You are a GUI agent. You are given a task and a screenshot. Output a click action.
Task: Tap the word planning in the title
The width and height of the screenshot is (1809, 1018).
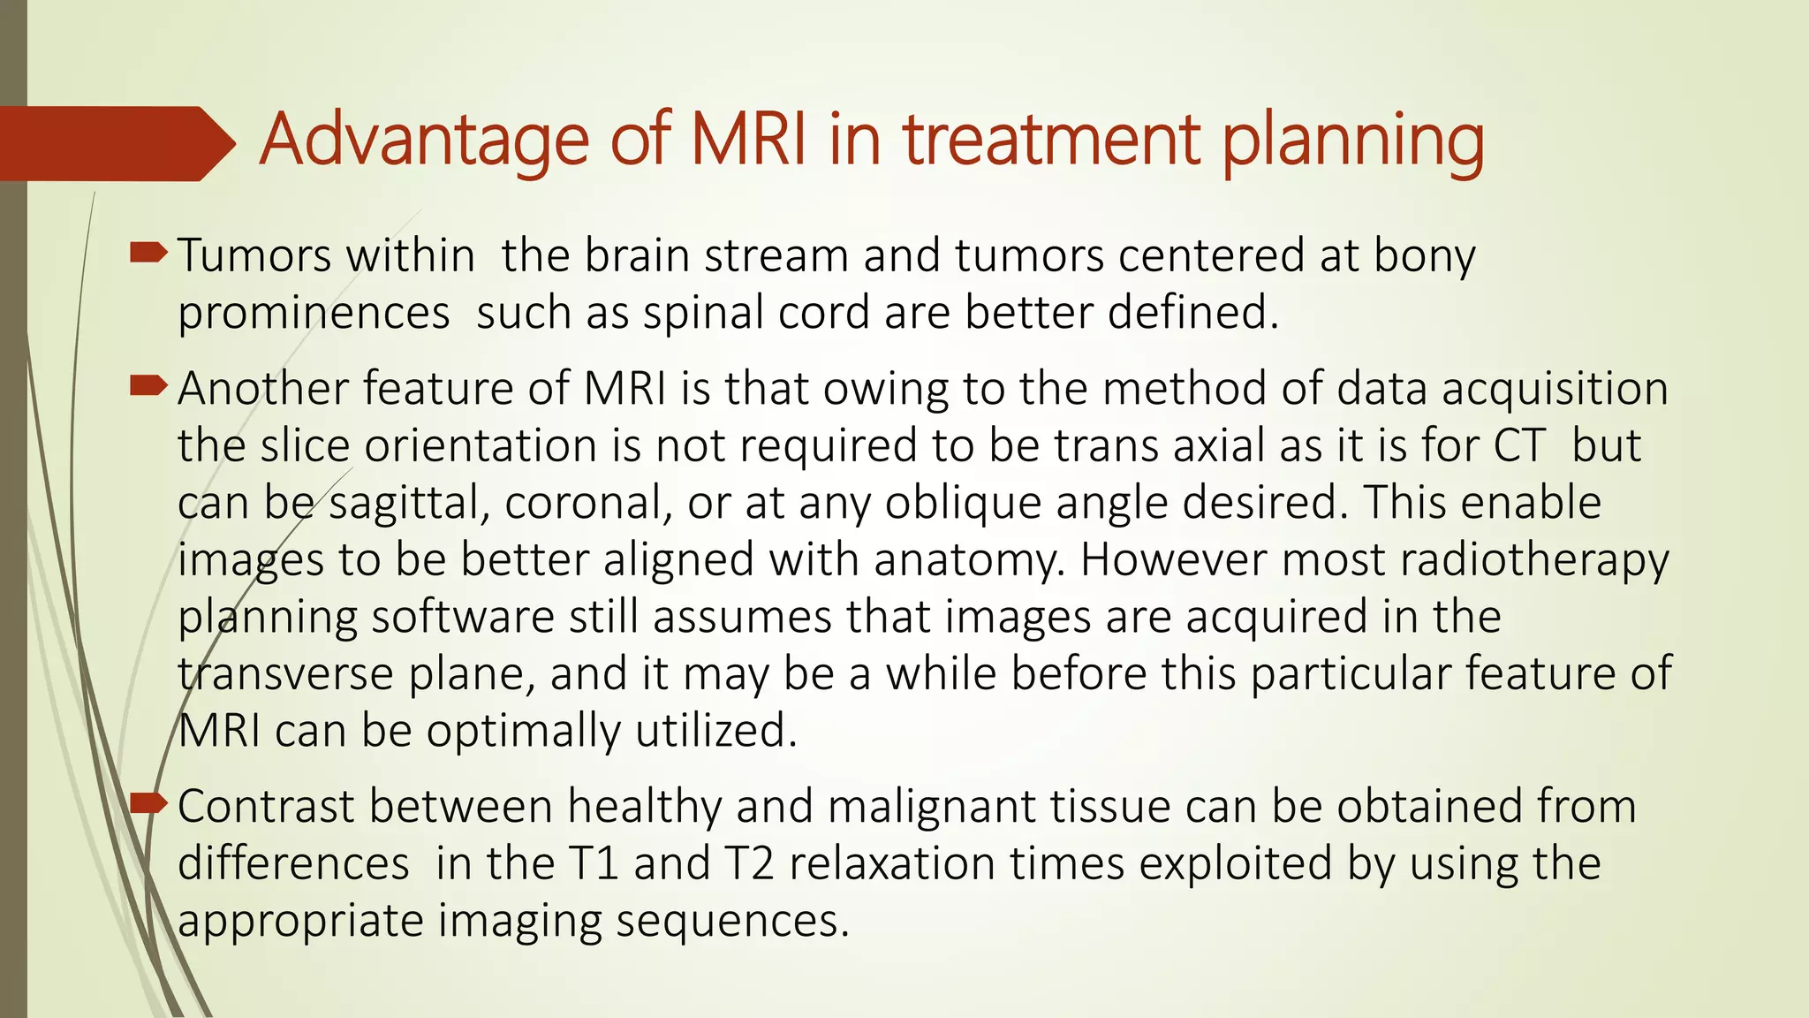(1353, 141)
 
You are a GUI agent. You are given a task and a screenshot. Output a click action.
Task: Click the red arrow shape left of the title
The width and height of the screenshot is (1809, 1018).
(115, 143)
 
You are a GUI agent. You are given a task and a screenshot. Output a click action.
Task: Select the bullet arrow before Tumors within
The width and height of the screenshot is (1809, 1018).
(148, 254)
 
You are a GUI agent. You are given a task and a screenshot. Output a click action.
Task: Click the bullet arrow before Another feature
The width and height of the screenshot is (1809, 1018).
(148, 386)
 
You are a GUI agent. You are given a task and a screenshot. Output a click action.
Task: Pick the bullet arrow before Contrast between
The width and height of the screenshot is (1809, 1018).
(148, 804)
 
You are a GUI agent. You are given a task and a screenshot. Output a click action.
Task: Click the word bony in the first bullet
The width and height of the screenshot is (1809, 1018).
(1424, 256)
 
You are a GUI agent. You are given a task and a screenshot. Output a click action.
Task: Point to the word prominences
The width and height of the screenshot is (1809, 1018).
(314, 314)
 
